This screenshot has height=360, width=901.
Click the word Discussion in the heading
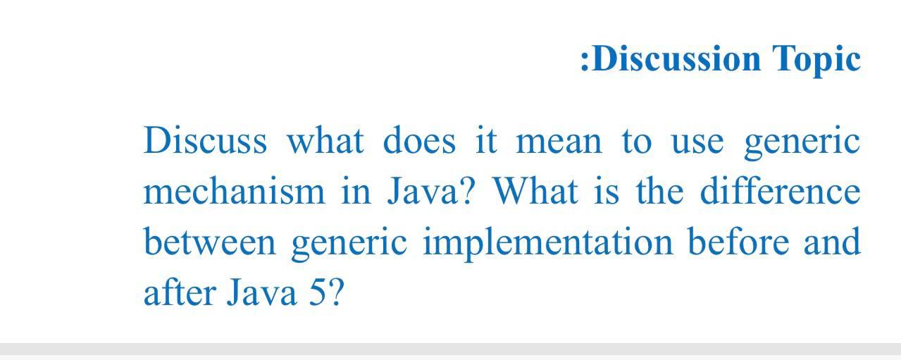coord(676,58)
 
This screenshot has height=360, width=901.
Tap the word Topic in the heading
coord(816,60)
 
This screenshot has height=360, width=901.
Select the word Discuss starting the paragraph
coord(205,140)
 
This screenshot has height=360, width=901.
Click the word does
coord(419,140)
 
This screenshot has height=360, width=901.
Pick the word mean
coord(559,143)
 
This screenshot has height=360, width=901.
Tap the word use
coord(697,144)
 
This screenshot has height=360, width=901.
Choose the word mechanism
coord(234,191)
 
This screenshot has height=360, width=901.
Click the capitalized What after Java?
coord(535,191)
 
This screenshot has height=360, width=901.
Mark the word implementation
coord(548,243)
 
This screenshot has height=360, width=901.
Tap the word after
coord(180,291)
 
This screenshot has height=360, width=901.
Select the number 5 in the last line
coord(316,292)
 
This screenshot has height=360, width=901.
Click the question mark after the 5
coord(337,292)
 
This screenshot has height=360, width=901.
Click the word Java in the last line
coord(261,292)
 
